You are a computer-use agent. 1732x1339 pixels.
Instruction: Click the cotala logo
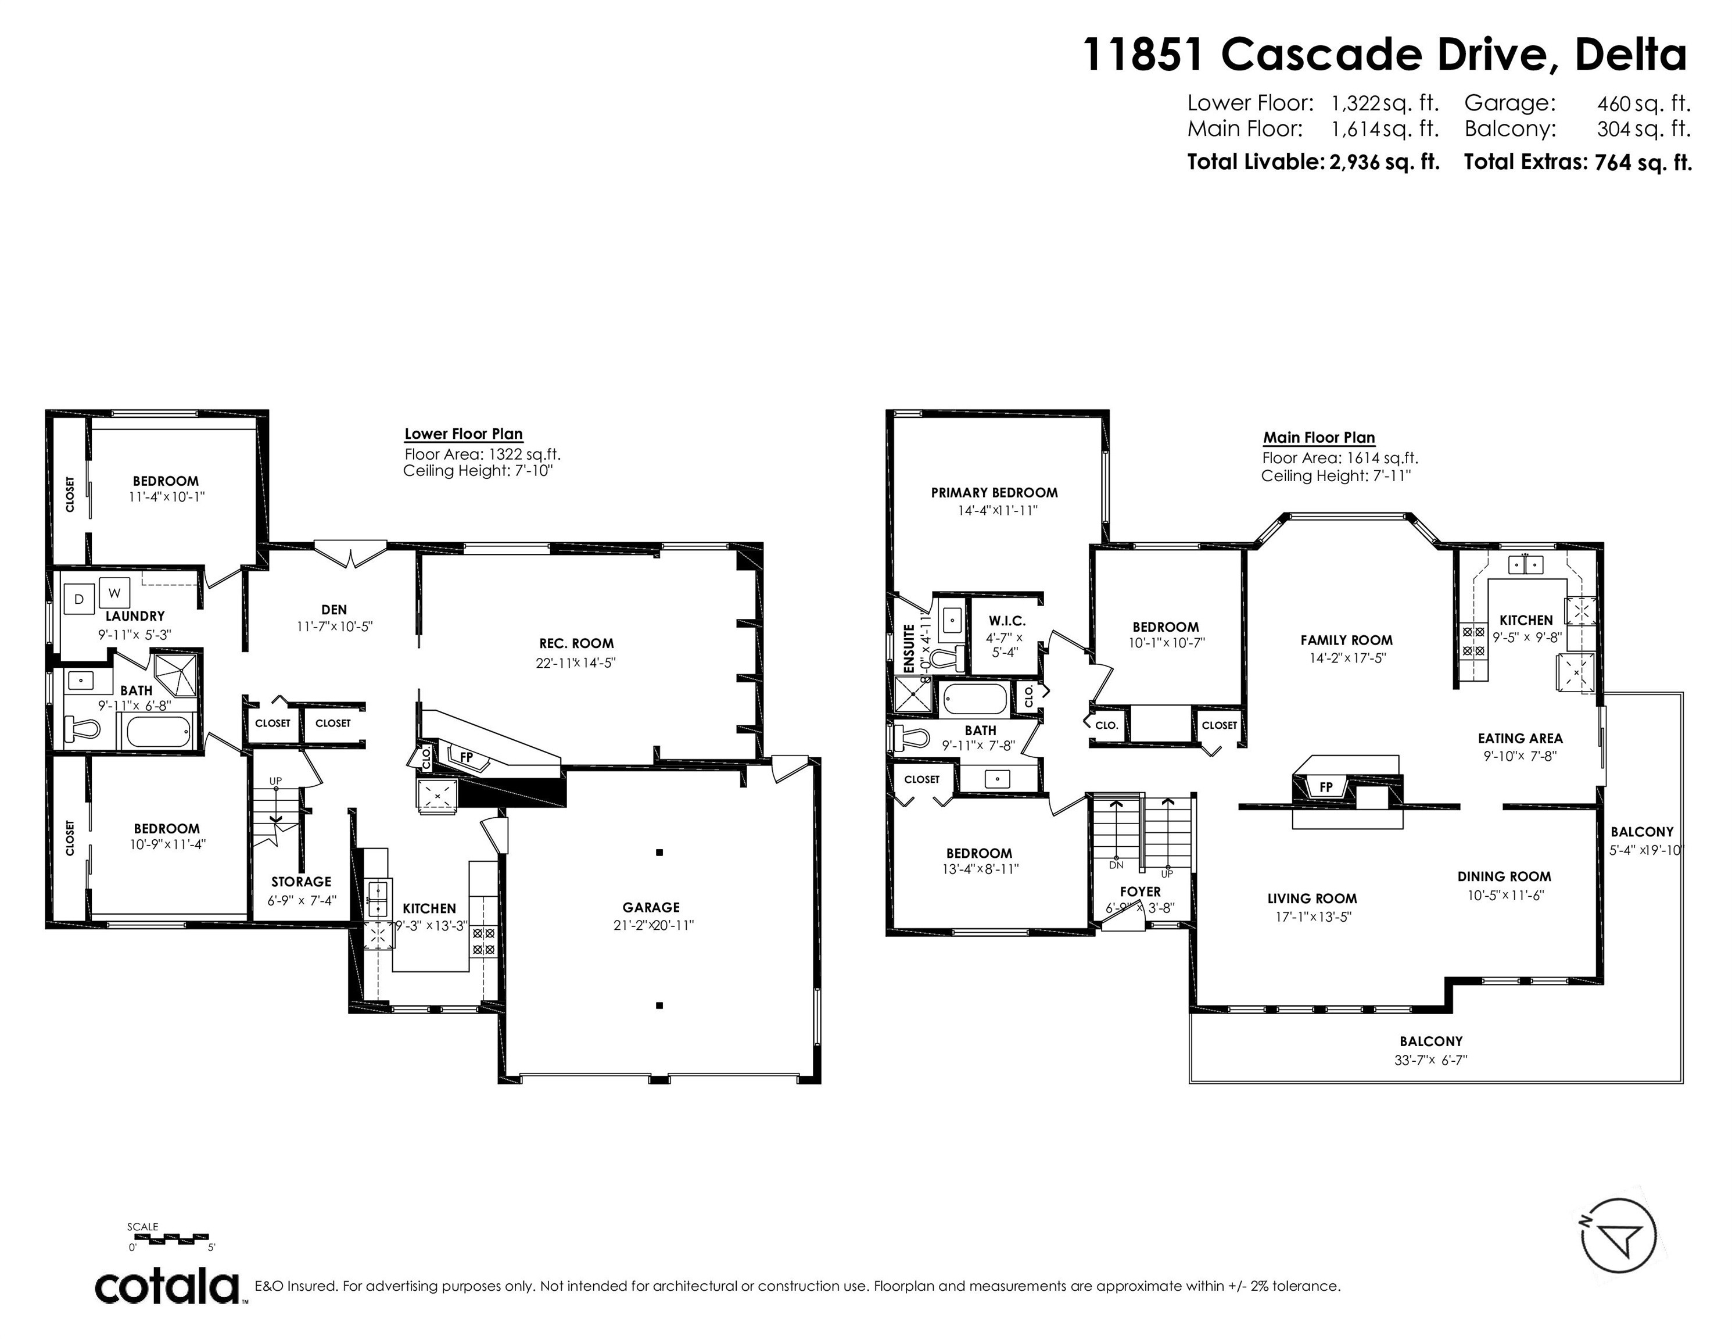[x=168, y=1286]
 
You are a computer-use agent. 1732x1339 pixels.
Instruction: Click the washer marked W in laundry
[x=114, y=593]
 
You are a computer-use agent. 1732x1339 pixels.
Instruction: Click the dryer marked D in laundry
[x=78, y=599]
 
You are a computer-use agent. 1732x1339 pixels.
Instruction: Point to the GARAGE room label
[x=650, y=907]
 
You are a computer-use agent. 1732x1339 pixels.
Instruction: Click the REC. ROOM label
[x=576, y=643]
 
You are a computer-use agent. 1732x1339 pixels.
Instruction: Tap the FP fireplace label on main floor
[x=1325, y=787]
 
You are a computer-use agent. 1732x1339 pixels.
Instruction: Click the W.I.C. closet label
[x=1006, y=621]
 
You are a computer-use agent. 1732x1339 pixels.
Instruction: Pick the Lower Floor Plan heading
[x=463, y=434]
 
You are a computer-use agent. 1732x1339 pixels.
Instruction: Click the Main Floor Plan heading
[x=1319, y=437]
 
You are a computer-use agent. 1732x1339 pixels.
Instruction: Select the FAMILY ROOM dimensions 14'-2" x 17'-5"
[x=1347, y=658]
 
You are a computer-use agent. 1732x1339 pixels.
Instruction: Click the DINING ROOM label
[x=1504, y=876]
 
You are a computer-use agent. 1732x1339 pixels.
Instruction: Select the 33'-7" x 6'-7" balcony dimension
[x=1430, y=1060]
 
